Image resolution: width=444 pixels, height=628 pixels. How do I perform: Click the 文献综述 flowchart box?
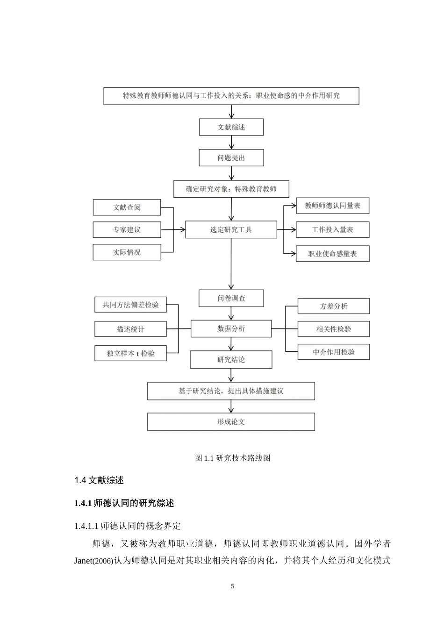click(x=231, y=127)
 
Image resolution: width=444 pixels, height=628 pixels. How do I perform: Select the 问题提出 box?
click(x=231, y=158)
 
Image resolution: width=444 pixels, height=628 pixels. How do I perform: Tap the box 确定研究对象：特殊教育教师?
click(x=231, y=189)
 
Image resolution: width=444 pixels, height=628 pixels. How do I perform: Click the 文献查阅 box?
click(x=127, y=207)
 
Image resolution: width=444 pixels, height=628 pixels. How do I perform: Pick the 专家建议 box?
click(x=127, y=230)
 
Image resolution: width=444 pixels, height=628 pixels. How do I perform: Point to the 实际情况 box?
click(x=127, y=252)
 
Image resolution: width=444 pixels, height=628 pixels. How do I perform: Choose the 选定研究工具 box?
click(x=231, y=229)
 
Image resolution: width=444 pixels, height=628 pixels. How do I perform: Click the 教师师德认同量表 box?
click(x=332, y=206)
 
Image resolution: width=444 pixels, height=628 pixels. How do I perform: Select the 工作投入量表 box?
click(x=332, y=229)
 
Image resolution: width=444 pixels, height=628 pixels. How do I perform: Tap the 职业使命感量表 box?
click(x=332, y=254)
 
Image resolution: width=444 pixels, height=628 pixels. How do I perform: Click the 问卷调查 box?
click(x=231, y=298)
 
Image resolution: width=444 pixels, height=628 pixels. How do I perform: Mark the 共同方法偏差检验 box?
click(x=130, y=305)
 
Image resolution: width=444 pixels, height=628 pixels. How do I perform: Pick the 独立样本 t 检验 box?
click(x=130, y=353)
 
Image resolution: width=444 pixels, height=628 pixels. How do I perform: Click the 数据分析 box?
click(x=231, y=328)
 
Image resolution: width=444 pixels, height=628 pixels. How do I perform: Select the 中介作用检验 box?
click(x=333, y=352)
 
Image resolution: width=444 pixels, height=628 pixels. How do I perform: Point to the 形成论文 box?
click(x=231, y=421)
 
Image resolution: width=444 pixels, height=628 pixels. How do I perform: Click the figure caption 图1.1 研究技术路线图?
click(x=232, y=458)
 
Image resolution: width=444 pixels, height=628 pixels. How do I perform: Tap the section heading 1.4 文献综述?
click(x=99, y=480)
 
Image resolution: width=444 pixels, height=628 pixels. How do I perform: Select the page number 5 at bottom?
click(x=232, y=586)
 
